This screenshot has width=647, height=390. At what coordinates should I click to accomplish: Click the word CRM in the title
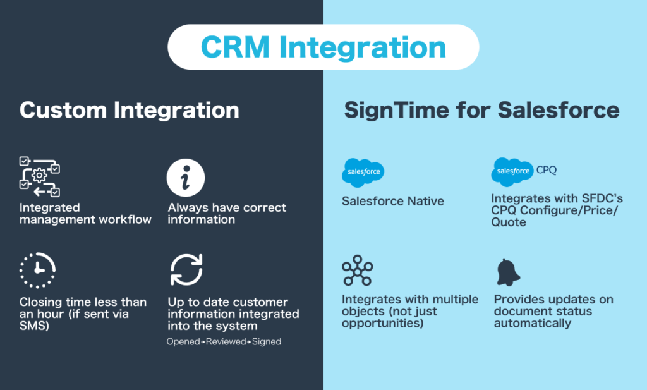tap(235, 47)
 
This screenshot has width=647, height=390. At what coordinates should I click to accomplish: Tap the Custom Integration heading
tap(130, 110)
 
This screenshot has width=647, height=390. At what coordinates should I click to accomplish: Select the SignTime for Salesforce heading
tap(482, 110)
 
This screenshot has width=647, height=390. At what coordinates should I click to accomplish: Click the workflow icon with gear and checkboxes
tap(40, 176)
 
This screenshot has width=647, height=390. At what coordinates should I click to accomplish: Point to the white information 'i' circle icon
tap(186, 178)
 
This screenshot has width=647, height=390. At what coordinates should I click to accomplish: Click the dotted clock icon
tap(37, 271)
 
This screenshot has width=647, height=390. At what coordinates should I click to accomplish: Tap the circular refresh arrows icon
tap(186, 270)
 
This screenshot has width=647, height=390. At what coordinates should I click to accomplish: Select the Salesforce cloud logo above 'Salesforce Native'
tap(363, 173)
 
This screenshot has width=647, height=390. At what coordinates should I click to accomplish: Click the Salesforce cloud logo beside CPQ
tap(512, 172)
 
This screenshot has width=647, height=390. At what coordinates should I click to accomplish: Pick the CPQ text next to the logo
tap(547, 170)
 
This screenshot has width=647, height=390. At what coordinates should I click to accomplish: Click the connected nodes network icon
tap(358, 271)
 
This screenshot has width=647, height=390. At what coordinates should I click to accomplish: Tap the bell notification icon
tap(509, 272)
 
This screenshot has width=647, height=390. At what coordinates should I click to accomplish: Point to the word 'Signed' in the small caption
tap(267, 342)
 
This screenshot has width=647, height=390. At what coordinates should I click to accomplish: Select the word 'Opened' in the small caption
tap(184, 342)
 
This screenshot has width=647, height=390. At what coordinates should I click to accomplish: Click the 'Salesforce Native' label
tap(393, 202)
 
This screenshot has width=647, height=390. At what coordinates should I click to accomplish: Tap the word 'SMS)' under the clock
tap(34, 326)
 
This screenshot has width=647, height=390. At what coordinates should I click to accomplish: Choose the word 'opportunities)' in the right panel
tap(382, 323)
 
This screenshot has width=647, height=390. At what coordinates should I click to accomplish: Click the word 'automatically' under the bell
tap(533, 323)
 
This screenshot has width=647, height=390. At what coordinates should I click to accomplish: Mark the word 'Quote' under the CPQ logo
tap(509, 222)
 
